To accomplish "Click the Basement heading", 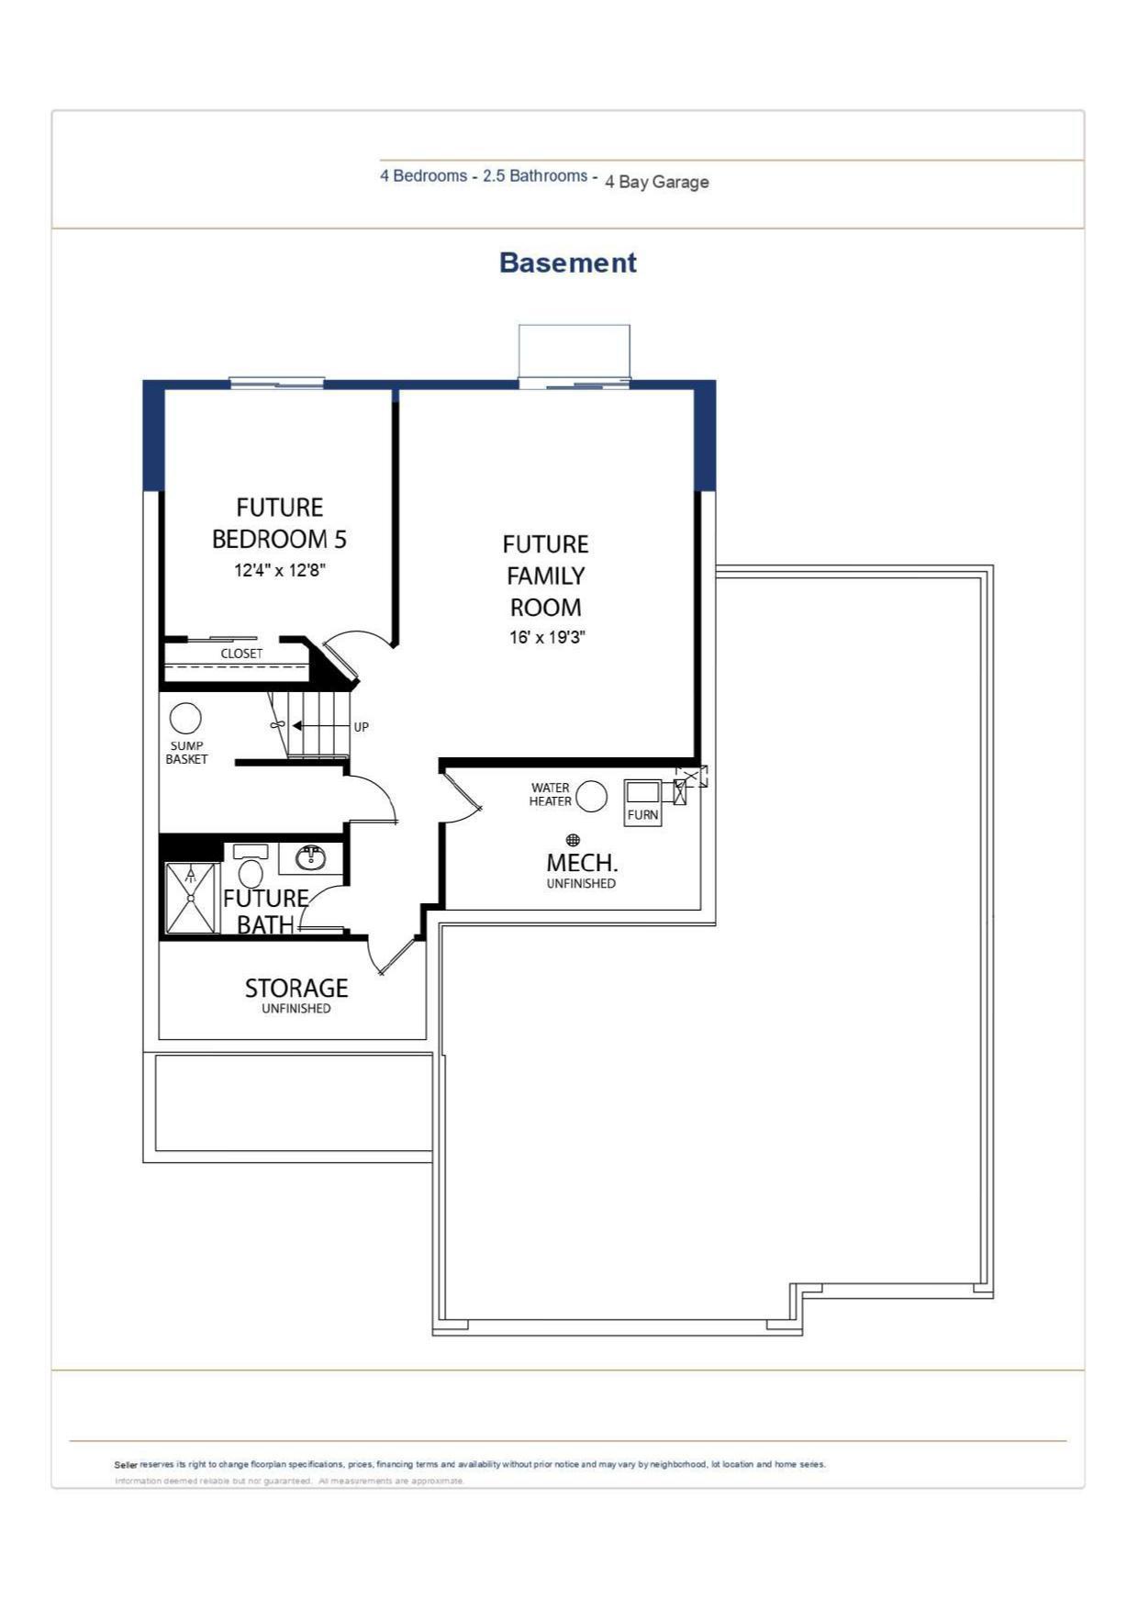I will pyautogui.click(x=567, y=263).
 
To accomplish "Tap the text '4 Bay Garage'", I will pyautogui.click(x=656, y=182).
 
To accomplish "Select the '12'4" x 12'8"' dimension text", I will pyautogui.click(x=280, y=570).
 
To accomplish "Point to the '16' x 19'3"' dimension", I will pyautogui.click(x=547, y=637).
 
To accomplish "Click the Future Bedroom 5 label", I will pyautogui.click(x=280, y=523).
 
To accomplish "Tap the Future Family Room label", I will pyautogui.click(x=546, y=576).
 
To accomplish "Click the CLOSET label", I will pyautogui.click(x=241, y=654).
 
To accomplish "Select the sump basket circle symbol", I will pyautogui.click(x=185, y=719).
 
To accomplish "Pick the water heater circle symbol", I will pyautogui.click(x=591, y=796).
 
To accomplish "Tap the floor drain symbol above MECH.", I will pyautogui.click(x=573, y=840).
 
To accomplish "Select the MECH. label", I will pyautogui.click(x=582, y=863).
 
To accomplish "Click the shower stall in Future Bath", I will pyautogui.click(x=191, y=898).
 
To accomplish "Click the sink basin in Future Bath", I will pyautogui.click(x=310, y=858).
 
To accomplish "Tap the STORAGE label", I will pyautogui.click(x=296, y=988).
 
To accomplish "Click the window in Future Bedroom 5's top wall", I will pyautogui.click(x=276, y=382).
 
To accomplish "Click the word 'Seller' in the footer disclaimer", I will pyautogui.click(x=126, y=1465).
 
